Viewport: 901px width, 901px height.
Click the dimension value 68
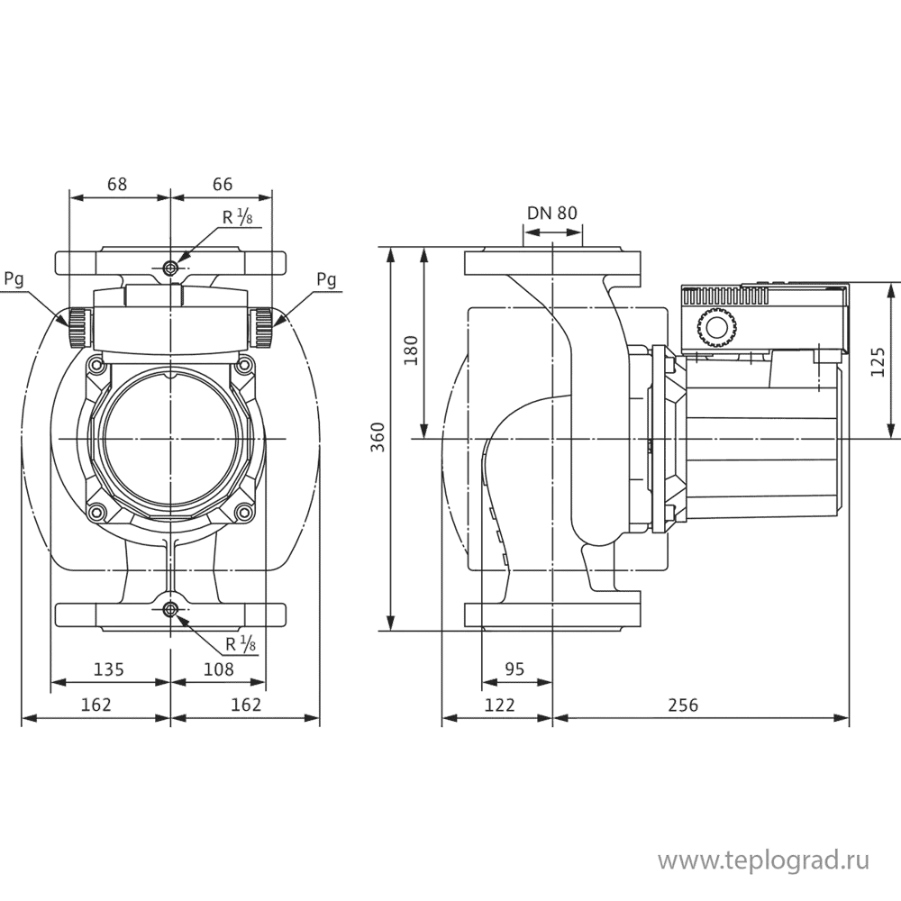click(117, 184)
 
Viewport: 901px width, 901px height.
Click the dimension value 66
click(223, 184)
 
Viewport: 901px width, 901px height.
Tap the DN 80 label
click(552, 214)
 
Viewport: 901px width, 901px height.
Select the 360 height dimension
click(377, 437)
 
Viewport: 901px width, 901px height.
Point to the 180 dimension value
click(411, 350)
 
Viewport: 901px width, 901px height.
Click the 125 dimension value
click(878, 361)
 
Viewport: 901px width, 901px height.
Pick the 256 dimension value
click(683, 705)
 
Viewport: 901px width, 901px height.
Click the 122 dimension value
click(499, 705)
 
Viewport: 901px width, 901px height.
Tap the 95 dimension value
click(514, 669)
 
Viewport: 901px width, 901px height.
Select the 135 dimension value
click(109, 669)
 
